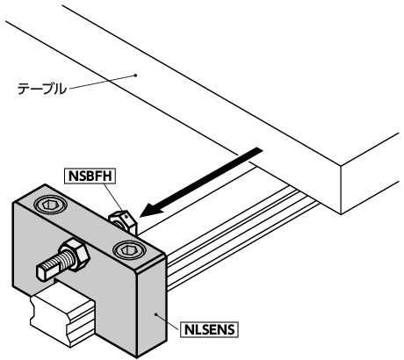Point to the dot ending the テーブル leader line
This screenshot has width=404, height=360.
point(135,76)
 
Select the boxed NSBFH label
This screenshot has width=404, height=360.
point(91,175)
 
